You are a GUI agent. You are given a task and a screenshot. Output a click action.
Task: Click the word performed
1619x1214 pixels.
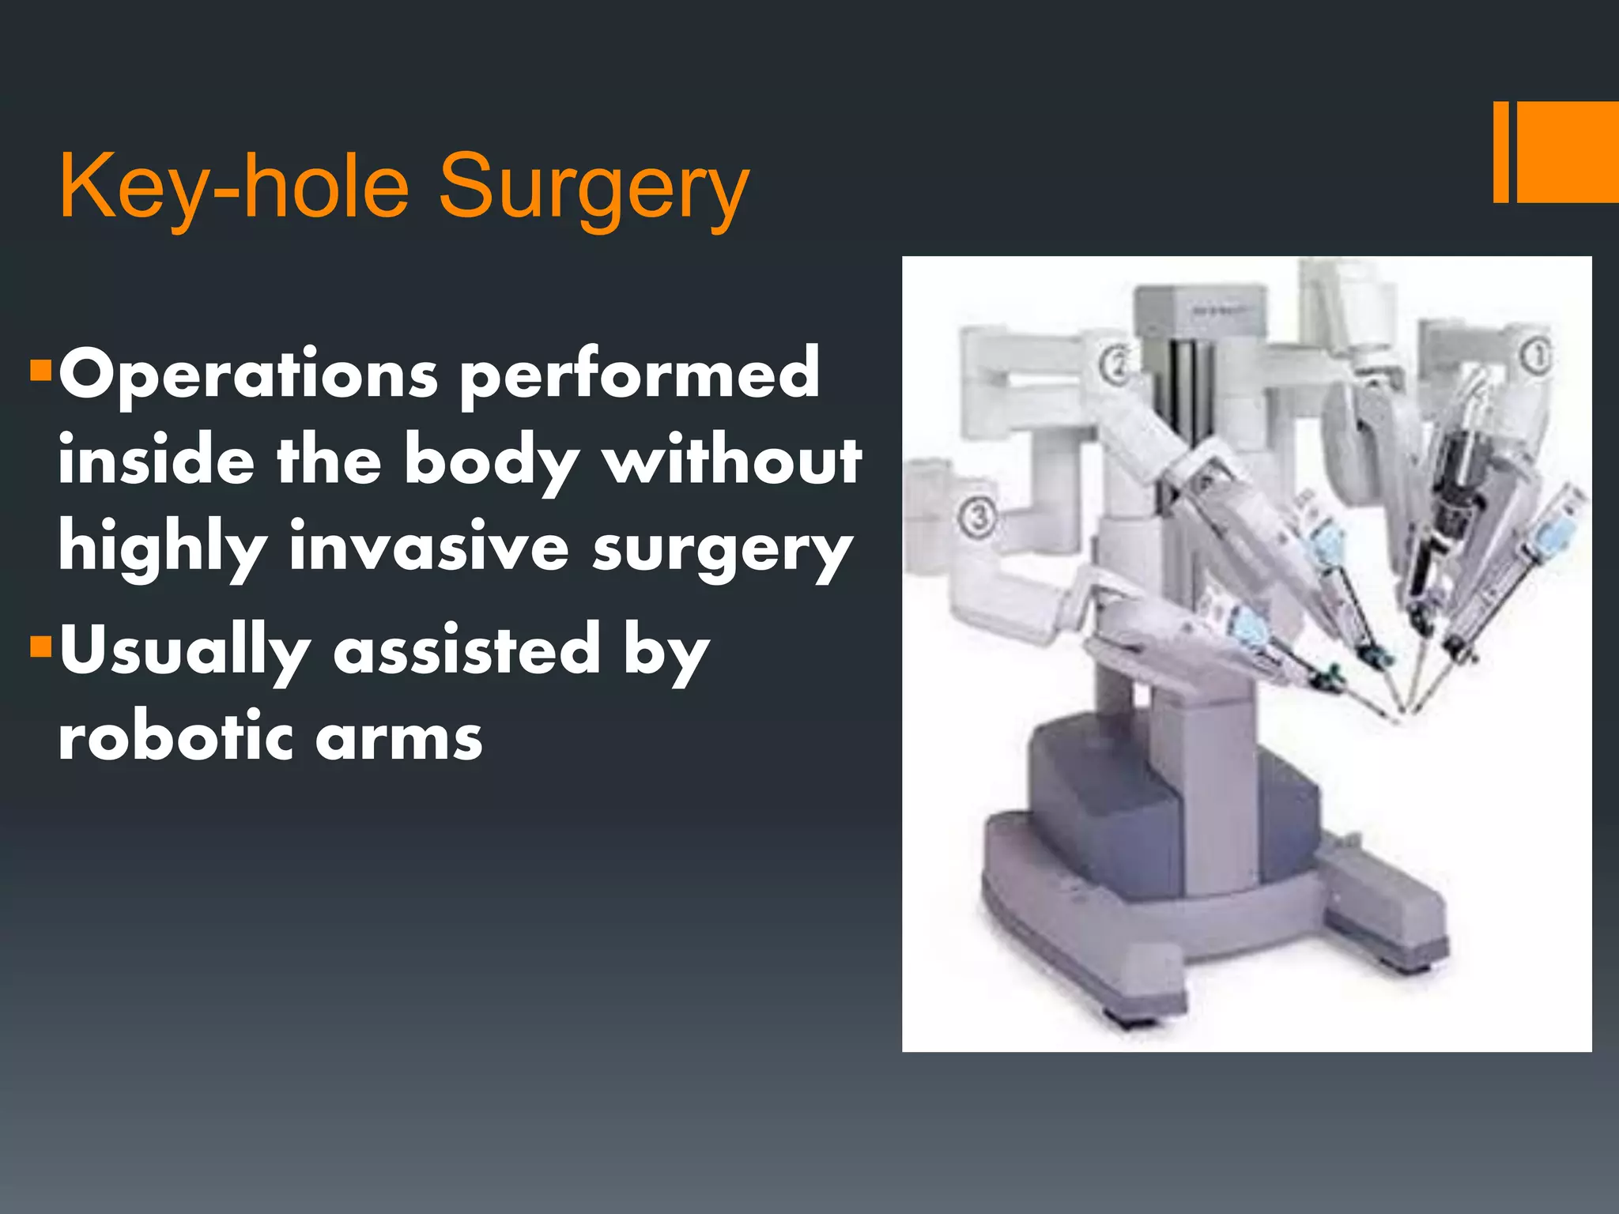pos(640,375)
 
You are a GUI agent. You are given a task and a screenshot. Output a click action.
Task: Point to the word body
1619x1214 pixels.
pos(492,462)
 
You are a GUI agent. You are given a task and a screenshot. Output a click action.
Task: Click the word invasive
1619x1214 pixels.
pos(428,547)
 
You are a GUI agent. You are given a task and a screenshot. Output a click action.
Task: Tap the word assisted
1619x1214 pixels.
pos(467,650)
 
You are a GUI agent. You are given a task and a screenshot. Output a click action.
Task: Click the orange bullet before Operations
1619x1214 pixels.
pos(40,369)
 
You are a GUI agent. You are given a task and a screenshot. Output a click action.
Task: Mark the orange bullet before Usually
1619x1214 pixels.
pos(40,647)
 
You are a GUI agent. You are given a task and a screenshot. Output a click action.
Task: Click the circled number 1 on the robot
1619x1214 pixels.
pos(1538,357)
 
